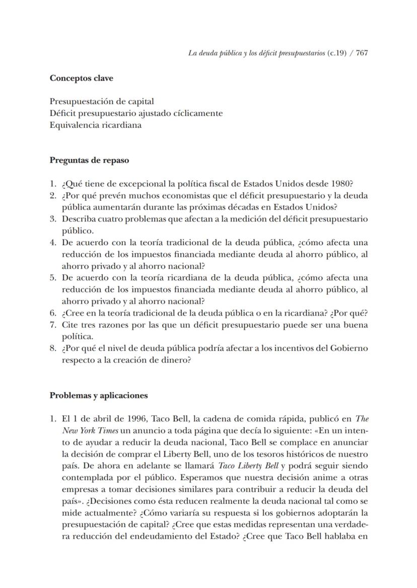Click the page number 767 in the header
pos(362,53)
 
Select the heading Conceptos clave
pos(81,78)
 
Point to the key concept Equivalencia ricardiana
pos(95,125)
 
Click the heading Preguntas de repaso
pos(89,161)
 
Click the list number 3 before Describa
pos(52,219)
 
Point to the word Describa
pos(78,219)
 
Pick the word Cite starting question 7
pos(70,325)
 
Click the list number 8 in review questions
pos(52,348)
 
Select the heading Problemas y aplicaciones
pos(99,395)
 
